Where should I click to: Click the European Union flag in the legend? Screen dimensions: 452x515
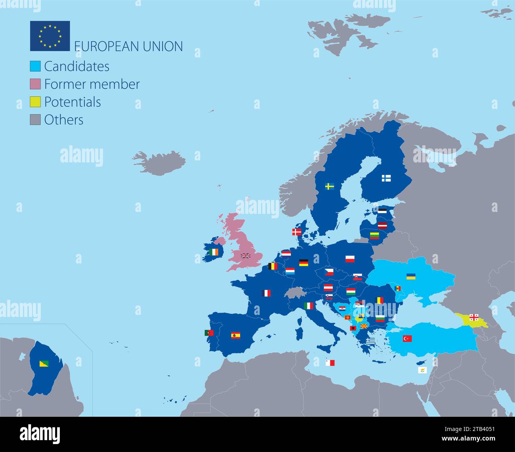(50, 36)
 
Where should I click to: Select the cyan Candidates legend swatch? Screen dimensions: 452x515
(35, 66)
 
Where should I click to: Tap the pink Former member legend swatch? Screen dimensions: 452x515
(35, 84)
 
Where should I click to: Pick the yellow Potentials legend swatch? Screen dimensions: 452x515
(35, 102)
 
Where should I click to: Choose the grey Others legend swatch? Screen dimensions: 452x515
(35, 120)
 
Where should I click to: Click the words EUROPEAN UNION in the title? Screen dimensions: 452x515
(128, 46)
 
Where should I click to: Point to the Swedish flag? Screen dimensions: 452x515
(330, 186)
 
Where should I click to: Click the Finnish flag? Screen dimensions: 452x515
(386, 178)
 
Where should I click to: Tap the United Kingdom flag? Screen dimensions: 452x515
(246, 256)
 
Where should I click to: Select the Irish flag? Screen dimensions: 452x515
(214, 252)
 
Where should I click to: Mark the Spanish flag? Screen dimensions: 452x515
(236, 336)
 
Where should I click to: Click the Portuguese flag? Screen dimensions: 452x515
(209, 333)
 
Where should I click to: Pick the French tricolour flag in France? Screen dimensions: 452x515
(266, 293)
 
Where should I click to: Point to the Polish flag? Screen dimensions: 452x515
(350, 259)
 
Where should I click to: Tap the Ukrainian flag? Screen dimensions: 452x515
(411, 276)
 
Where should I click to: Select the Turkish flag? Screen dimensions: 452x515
(407, 338)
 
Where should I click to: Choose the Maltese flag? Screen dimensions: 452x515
(330, 362)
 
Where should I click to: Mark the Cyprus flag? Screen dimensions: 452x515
(422, 370)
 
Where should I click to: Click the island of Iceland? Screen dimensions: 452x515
(160, 162)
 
